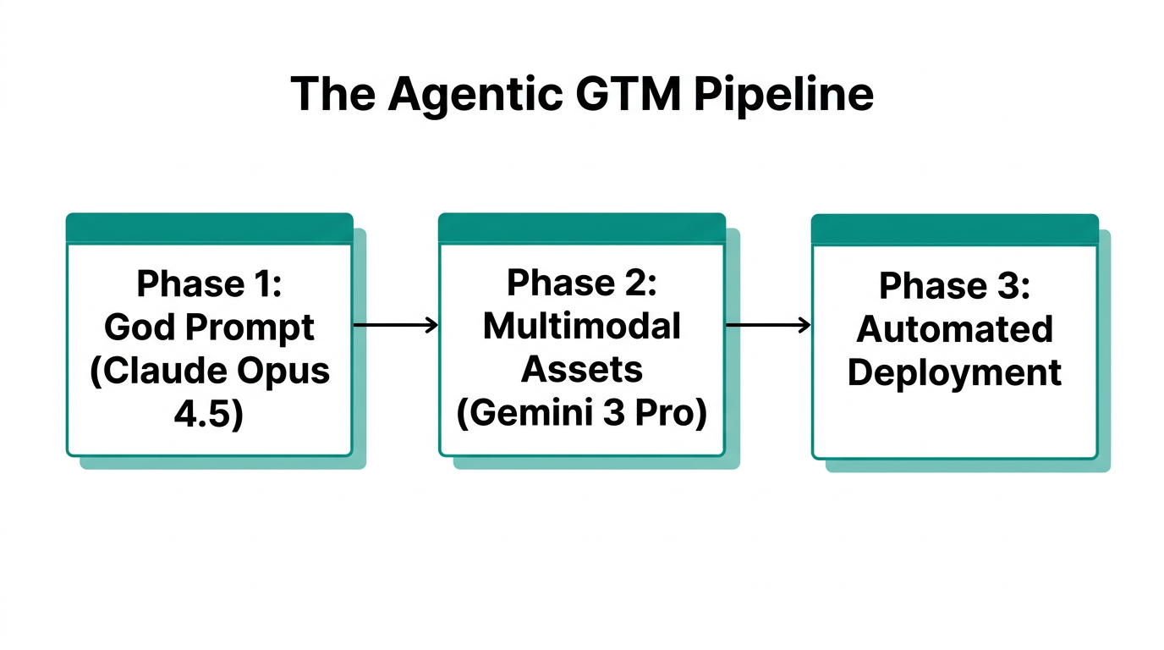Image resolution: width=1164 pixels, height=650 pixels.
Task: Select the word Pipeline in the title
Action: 782,94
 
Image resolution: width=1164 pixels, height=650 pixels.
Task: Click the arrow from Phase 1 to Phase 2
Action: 395,325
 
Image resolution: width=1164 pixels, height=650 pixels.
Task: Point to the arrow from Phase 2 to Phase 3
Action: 768,325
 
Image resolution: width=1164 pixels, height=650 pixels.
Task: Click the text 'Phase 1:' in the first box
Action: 209,284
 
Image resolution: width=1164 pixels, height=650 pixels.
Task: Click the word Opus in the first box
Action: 290,372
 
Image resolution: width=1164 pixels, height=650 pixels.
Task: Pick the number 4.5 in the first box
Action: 209,415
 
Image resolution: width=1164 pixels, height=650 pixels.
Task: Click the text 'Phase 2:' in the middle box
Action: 581,284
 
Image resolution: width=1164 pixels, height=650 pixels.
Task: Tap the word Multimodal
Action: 581,326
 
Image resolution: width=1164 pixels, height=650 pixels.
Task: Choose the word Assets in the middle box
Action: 581,369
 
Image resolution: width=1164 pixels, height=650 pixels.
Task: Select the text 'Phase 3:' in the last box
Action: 955,286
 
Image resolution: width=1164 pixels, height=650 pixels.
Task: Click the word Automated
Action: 955,329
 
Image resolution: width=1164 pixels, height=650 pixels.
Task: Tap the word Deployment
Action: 955,373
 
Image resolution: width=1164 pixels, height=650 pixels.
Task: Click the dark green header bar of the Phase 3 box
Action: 954,229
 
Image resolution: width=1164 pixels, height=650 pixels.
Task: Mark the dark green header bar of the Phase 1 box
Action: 209,229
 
